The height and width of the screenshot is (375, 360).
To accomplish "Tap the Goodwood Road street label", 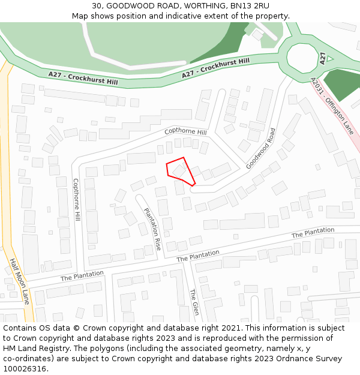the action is (x=260, y=148).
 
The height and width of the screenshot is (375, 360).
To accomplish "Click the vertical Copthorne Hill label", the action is (x=77, y=198).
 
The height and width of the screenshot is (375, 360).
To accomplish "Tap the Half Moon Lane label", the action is (x=20, y=281).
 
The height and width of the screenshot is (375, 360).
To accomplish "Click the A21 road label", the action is (x=323, y=58).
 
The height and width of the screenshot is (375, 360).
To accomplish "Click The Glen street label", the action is (x=194, y=302).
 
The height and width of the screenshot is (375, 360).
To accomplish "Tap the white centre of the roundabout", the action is (x=302, y=57).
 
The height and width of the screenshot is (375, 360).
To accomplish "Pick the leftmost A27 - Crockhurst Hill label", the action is (x=83, y=78).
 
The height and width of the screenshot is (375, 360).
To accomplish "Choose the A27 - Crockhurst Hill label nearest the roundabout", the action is (x=215, y=68).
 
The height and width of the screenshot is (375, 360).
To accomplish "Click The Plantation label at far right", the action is (x=313, y=232).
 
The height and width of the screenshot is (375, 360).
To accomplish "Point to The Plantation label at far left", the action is (x=82, y=276).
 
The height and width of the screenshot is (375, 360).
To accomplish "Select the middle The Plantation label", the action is (x=198, y=256).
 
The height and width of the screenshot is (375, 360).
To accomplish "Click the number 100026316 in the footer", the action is (x=25, y=368).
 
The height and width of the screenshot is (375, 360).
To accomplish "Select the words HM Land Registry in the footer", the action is (x=31, y=348).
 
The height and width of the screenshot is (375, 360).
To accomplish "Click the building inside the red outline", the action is (x=179, y=171).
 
